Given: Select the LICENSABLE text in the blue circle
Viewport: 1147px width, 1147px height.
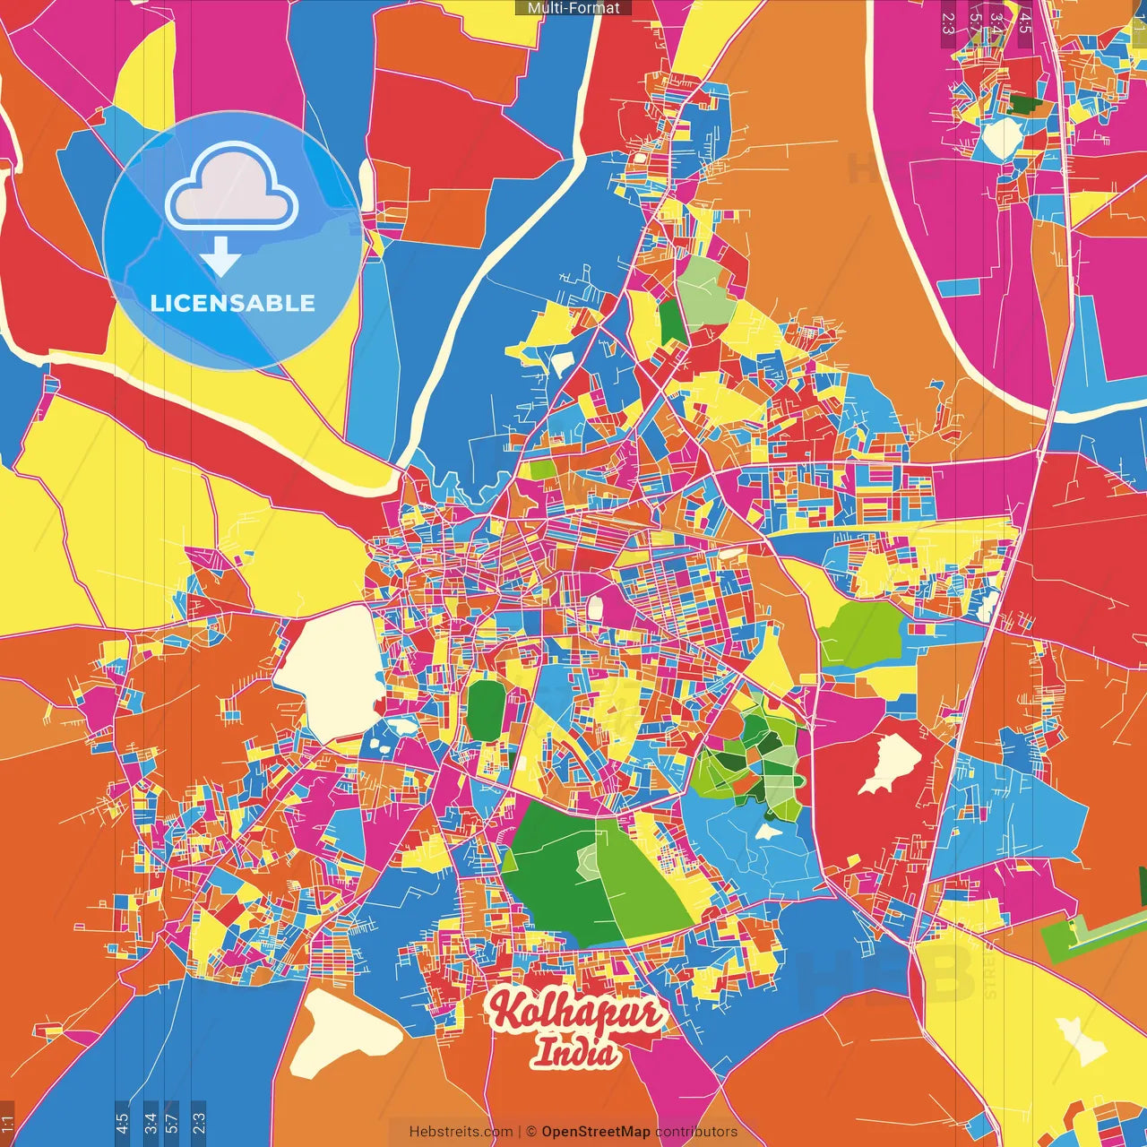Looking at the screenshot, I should pos(233,303).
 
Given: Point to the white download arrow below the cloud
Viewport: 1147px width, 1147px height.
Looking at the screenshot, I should pos(220,257).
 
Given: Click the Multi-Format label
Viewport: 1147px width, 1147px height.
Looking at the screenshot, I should pos(573,8).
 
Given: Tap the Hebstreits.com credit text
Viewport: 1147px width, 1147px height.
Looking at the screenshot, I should pos(461,1132).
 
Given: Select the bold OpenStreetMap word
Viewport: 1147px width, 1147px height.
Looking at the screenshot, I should pos(596,1132).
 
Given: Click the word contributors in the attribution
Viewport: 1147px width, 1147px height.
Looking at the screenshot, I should pos(696,1132).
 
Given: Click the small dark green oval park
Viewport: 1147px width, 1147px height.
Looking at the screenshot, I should pos(486,711).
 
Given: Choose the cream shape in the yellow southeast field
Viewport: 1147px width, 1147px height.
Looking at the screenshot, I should pos(1081,1039).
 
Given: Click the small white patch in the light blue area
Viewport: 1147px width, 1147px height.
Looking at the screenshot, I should pos(766,832).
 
